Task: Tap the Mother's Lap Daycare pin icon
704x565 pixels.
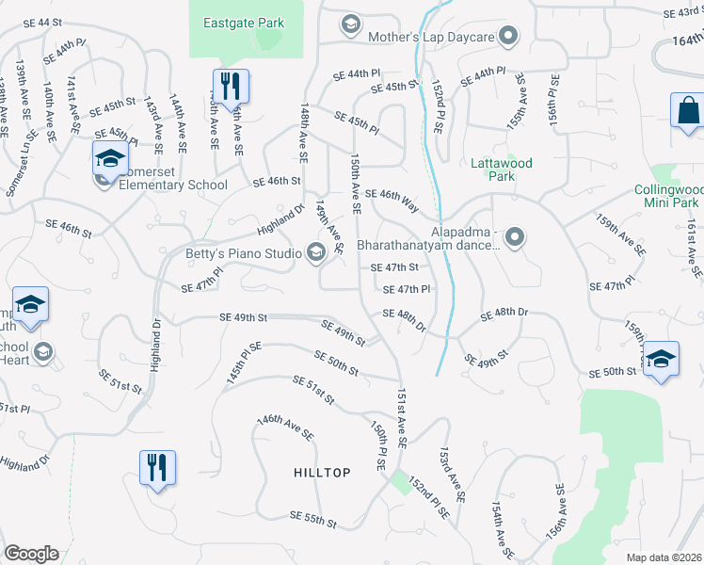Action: (x=509, y=38)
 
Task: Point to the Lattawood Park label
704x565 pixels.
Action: (x=501, y=169)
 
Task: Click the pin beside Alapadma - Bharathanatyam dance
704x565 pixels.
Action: (x=514, y=238)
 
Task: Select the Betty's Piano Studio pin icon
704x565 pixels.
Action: (x=316, y=250)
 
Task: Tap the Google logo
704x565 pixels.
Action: (x=31, y=554)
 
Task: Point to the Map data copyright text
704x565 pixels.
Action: (x=663, y=557)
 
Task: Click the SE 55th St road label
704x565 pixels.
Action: (x=313, y=518)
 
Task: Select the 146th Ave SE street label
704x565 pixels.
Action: (x=285, y=428)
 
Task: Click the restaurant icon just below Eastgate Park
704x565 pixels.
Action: (x=230, y=86)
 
